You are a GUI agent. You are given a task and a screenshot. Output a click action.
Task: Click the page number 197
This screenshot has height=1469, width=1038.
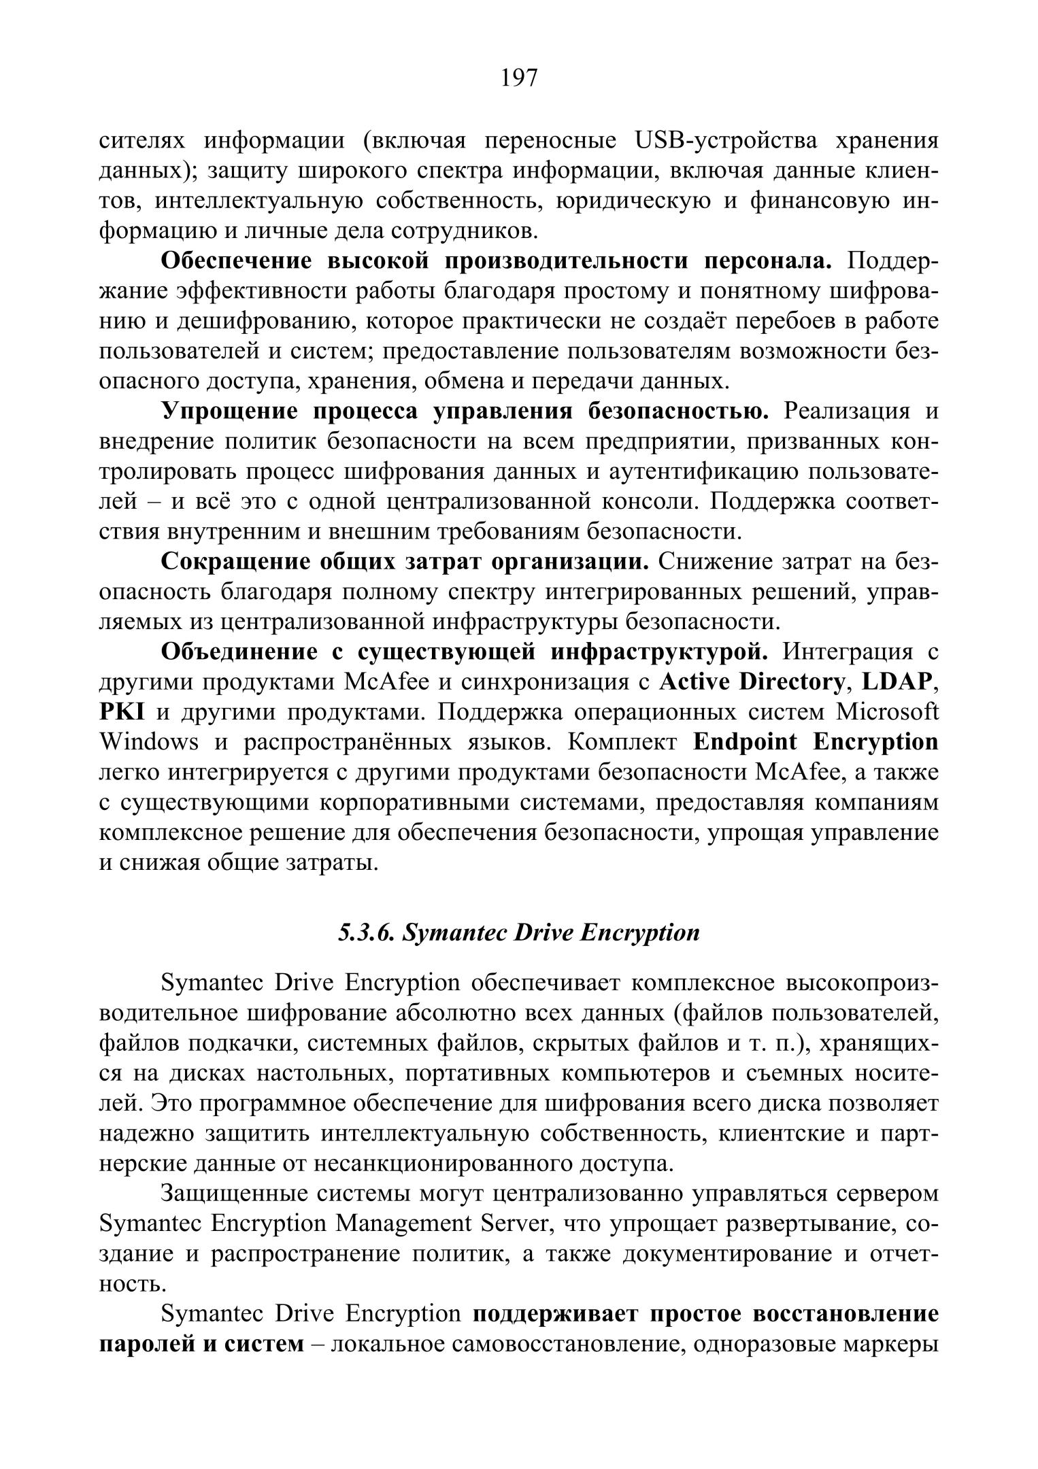tap(519, 78)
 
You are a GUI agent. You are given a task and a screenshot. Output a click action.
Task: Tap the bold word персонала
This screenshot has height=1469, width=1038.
tap(768, 260)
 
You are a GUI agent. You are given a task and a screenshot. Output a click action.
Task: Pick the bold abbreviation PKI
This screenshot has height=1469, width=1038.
tap(122, 712)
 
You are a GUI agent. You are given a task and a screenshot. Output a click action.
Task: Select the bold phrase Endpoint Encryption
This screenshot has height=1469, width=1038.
tap(816, 742)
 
